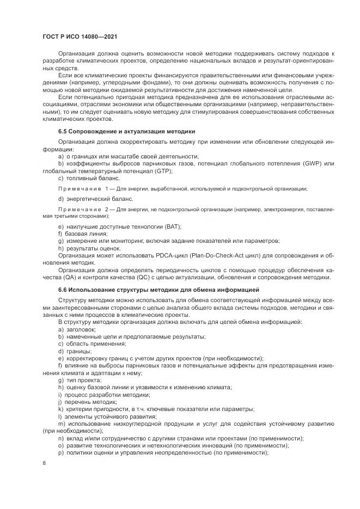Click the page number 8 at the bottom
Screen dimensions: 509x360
coord(44,463)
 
